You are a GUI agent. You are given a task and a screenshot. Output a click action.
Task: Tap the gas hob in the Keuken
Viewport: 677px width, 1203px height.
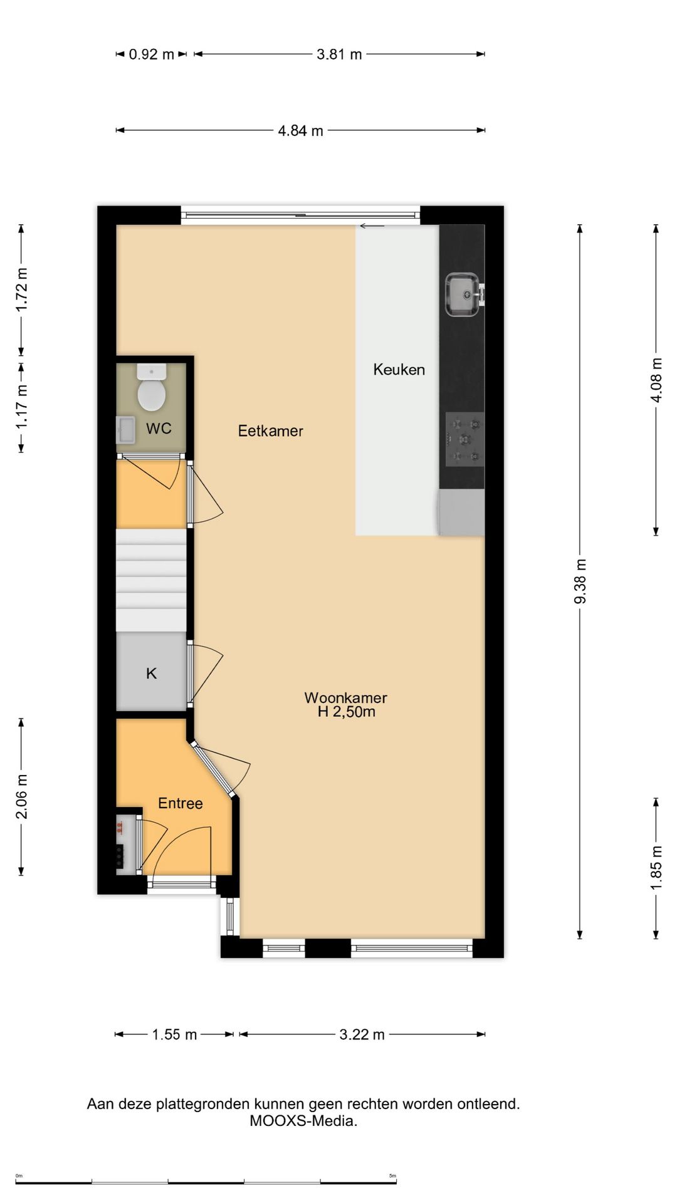tap(464, 439)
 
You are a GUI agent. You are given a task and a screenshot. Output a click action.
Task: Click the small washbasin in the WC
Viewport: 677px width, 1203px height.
tap(125, 430)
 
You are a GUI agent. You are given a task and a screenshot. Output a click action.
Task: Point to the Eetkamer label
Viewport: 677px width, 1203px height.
tap(270, 431)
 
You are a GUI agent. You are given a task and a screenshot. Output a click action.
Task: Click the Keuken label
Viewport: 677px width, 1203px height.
tap(399, 370)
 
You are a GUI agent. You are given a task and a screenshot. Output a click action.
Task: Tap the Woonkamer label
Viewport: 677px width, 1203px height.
tap(345, 697)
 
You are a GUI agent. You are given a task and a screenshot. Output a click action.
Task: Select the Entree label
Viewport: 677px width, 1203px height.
tap(181, 803)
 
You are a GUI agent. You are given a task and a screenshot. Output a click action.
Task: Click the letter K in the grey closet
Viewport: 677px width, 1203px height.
tap(151, 674)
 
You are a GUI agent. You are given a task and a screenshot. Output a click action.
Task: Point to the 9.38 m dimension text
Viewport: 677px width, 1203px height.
tap(580, 581)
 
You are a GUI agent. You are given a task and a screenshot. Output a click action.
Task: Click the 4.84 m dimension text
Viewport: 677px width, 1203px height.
tap(301, 131)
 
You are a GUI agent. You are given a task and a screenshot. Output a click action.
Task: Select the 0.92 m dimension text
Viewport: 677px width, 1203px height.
tap(151, 55)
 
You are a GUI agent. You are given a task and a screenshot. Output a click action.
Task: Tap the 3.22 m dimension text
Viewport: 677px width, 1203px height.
tap(362, 1034)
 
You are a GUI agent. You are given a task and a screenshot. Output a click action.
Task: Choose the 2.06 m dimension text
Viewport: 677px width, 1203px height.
tap(22, 796)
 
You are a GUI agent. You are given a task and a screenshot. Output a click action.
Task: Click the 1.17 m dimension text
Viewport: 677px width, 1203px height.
tap(22, 407)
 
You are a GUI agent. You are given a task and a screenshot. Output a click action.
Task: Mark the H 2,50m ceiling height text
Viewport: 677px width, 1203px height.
tap(346, 712)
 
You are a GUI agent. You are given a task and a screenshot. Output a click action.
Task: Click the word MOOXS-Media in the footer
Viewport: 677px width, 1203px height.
tap(303, 1121)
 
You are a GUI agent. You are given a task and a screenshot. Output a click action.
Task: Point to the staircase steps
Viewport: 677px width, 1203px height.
tap(151, 580)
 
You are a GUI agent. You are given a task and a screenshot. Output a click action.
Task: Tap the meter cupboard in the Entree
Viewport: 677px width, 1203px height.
tap(127, 844)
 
